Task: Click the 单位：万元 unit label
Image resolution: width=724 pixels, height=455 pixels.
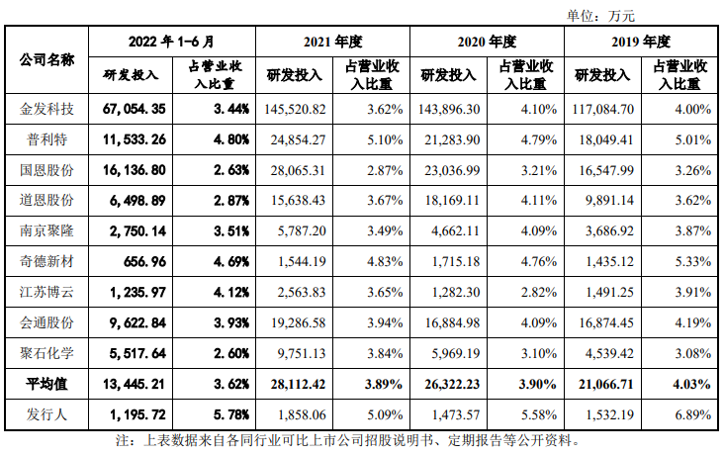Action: (600, 14)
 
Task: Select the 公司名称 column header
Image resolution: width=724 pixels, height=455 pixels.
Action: (47, 58)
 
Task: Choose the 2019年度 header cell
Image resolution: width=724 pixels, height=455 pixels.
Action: (642, 42)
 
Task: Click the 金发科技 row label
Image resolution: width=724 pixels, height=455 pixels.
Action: (47, 107)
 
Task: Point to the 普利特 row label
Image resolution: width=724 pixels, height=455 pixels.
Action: (47, 138)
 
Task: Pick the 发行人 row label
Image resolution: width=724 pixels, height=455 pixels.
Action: (47, 413)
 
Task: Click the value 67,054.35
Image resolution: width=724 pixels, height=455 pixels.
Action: (139, 107)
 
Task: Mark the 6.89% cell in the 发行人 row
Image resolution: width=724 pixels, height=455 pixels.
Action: (689, 413)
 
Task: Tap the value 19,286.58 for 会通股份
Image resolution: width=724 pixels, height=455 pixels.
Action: (294, 322)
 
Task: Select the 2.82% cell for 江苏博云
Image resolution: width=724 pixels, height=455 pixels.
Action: (535, 292)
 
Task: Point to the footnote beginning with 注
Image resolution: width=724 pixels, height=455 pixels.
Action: (345, 439)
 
